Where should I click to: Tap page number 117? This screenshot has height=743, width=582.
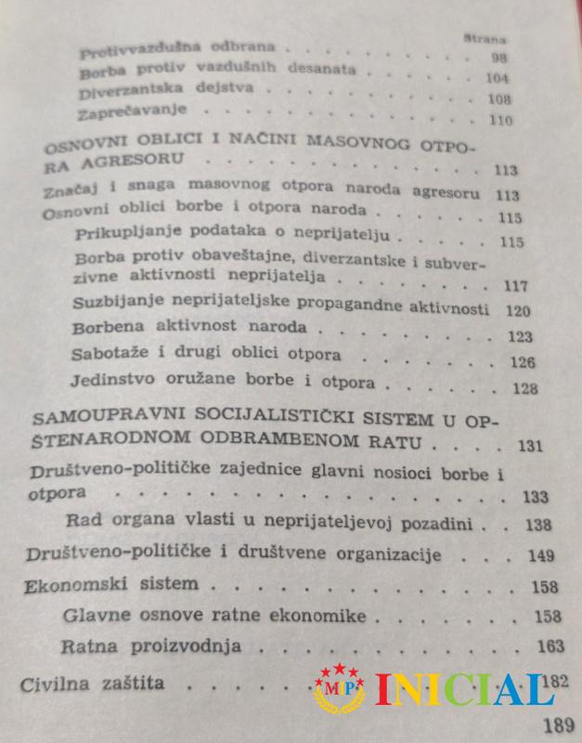(513, 284)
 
